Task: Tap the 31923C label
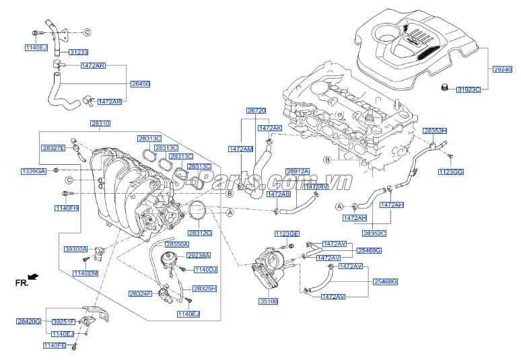point(468,89)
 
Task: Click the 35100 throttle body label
point(269,301)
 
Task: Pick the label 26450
point(139,84)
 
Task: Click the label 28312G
point(199,233)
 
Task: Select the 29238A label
point(199,256)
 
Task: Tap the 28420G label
point(29,322)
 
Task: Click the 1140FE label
point(55,345)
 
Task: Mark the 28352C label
point(374,233)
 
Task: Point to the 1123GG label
point(451,172)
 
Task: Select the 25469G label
point(369,250)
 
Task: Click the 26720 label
point(256,110)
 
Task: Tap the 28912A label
point(297,172)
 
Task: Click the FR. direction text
point(22,283)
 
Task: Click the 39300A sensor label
point(75,249)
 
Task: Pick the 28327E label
point(53,147)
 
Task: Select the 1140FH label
point(67,209)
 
